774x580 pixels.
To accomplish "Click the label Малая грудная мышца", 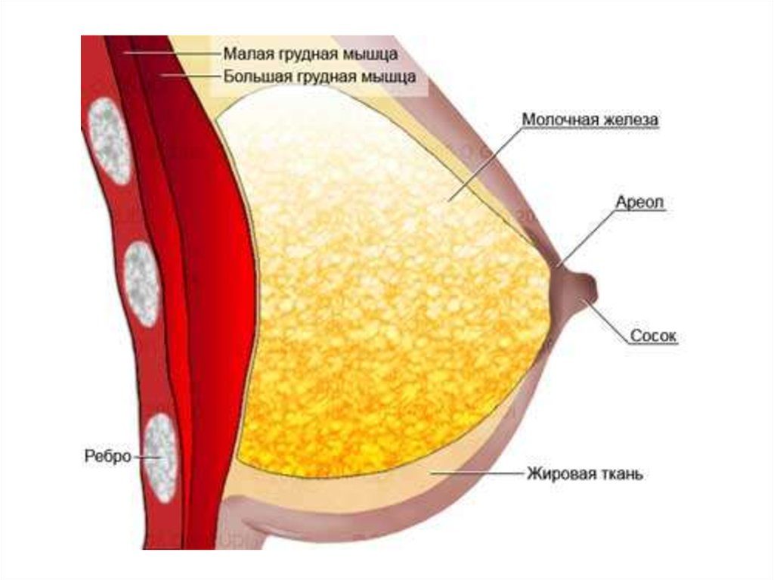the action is coord(311,54).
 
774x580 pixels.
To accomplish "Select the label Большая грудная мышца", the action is coord(320,77).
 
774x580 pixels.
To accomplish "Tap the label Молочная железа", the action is coord(590,119).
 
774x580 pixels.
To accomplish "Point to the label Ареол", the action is coord(639,202).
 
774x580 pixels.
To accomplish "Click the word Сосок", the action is coord(653,336).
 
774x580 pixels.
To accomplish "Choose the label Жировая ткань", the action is coord(585,474).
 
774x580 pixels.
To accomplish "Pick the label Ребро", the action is coord(107,455).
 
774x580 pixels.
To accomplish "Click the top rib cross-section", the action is coord(110,141).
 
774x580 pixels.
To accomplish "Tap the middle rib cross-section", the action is coord(141,284).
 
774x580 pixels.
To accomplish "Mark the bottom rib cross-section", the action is coord(162,457).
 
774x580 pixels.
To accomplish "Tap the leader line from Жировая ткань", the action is coord(477,473).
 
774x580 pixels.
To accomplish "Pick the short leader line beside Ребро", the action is coord(147,457).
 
